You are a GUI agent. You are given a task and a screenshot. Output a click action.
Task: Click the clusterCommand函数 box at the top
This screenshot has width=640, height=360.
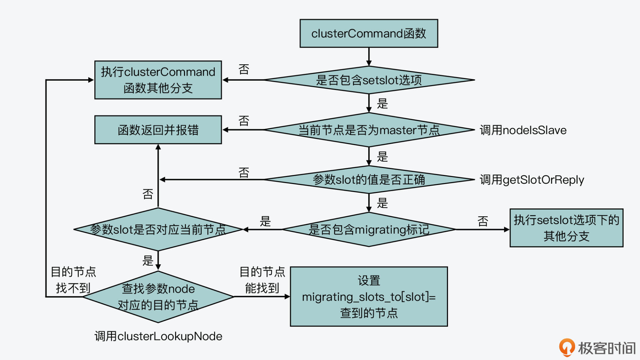point(369,33)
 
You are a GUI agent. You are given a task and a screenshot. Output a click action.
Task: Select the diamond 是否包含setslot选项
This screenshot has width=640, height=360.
point(369,80)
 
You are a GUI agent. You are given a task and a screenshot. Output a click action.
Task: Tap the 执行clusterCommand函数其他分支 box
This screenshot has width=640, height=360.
point(158,80)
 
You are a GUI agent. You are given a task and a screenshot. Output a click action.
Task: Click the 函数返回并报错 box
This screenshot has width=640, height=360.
point(158,130)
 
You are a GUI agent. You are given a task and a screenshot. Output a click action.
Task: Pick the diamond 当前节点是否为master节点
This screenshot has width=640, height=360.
point(369,130)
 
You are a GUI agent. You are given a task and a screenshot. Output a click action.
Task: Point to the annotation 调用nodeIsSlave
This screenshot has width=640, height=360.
point(523,130)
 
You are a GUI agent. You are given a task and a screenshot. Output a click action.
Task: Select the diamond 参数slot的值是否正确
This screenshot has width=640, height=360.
point(369,180)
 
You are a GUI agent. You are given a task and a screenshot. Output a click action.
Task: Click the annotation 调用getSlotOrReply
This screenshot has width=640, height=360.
point(532,180)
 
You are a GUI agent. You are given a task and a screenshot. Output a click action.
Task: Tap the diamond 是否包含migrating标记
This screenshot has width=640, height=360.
point(369,229)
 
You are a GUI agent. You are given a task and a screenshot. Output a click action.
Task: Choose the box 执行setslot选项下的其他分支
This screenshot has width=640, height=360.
point(566,228)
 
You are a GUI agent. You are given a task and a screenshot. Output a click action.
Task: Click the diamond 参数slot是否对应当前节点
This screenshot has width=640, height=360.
point(158,229)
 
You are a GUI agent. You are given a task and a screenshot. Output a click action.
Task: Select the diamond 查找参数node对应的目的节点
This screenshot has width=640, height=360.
point(158,297)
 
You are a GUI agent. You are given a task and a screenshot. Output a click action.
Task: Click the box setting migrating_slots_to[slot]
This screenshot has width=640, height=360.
point(369,297)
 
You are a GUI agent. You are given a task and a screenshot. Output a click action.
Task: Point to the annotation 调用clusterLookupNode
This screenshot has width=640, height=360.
point(158,336)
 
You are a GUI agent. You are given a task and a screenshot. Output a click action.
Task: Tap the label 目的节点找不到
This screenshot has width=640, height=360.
point(73,280)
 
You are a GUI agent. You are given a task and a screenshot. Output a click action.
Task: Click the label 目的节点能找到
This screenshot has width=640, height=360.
point(262,280)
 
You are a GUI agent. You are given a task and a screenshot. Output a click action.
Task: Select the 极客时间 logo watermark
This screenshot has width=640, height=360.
point(597,348)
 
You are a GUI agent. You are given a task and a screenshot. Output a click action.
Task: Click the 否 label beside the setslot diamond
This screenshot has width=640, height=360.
point(244,69)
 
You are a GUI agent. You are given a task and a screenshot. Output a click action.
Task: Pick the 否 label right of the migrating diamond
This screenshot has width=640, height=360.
point(483,221)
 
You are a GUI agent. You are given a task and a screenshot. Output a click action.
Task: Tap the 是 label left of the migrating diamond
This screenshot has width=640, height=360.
point(265,221)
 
